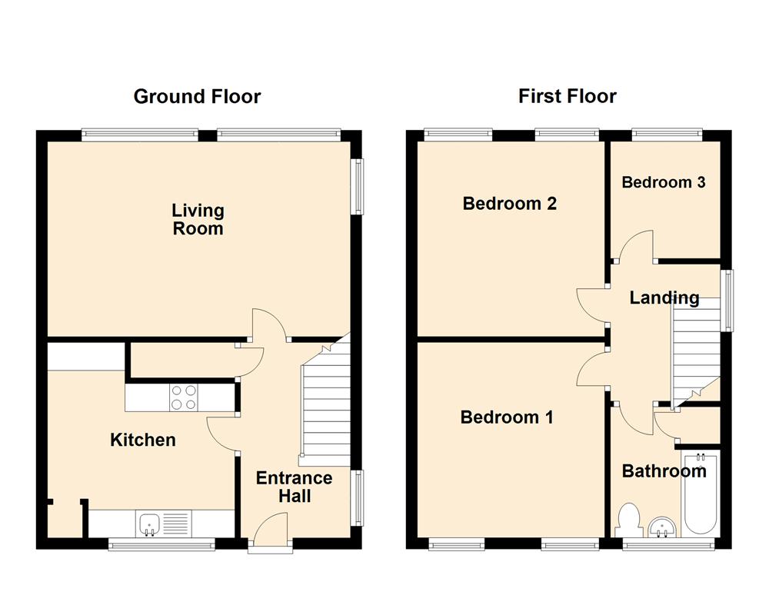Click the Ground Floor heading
197,97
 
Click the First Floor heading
567,97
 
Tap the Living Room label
198,219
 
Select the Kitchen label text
143,440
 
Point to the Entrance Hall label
294,487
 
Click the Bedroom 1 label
507,417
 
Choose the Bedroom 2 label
509,204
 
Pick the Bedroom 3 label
664,182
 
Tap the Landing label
664,298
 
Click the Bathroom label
664,470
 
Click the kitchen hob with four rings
183,397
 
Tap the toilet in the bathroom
629,519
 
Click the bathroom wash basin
661,527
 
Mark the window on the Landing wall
727,300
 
